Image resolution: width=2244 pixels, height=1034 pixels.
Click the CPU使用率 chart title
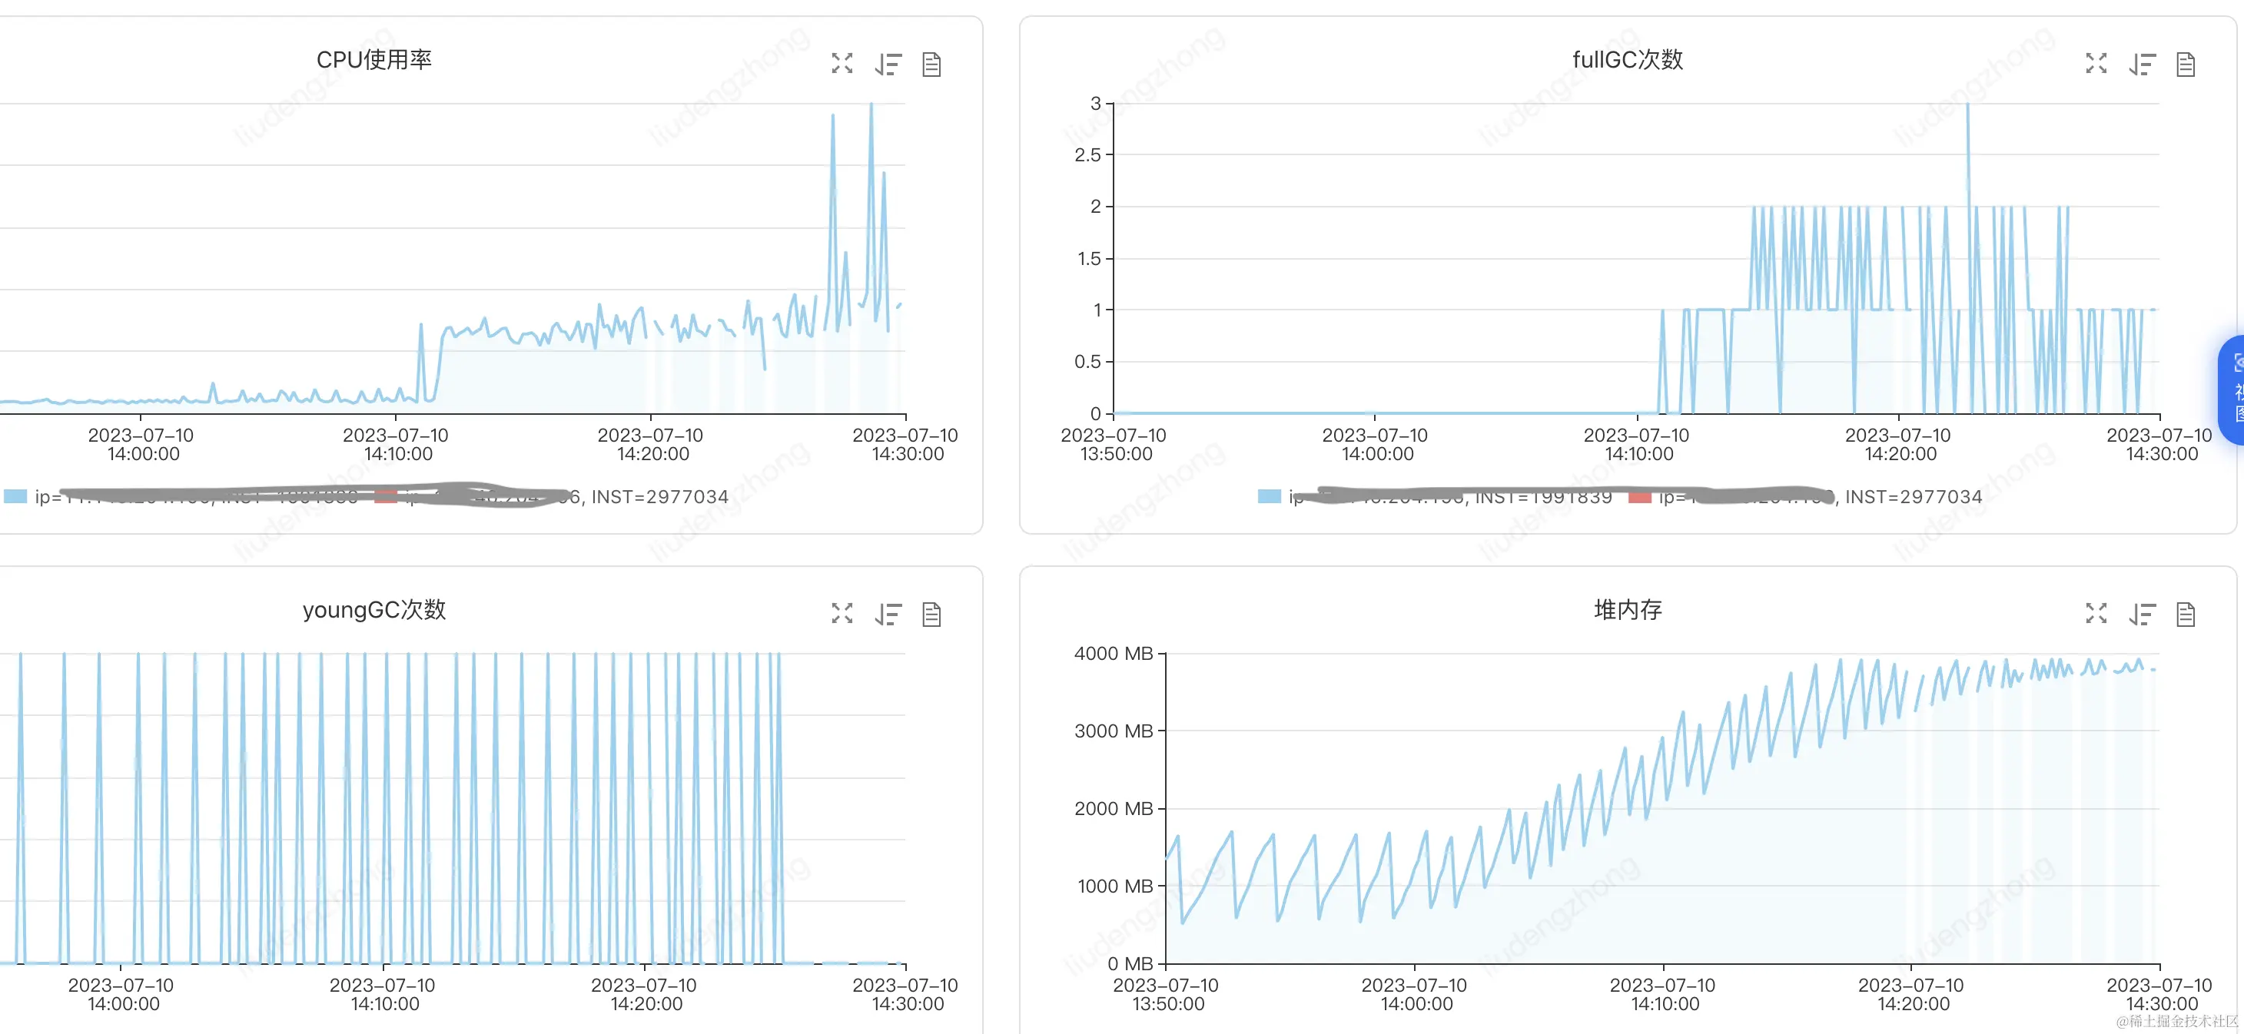(x=373, y=60)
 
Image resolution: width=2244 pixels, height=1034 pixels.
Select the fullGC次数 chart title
(x=1626, y=60)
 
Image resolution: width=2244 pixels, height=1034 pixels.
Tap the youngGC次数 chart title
(x=373, y=610)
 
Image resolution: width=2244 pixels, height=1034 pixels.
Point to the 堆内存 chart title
(x=1627, y=610)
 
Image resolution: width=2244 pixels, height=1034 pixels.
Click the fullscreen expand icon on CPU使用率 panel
(x=841, y=64)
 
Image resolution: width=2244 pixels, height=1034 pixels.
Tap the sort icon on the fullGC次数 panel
(x=2142, y=65)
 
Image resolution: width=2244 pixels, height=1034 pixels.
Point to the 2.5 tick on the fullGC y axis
(x=1087, y=155)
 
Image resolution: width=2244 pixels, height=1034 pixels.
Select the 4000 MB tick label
(x=1113, y=653)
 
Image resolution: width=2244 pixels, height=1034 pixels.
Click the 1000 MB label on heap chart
(x=1114, y=886)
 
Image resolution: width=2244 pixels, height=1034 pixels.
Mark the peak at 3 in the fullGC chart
(x=1967, y=105)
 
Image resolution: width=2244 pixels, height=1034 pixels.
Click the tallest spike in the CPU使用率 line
(x=871, y=105)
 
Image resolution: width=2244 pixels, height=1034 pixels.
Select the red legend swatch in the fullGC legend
(x=1639, y=496)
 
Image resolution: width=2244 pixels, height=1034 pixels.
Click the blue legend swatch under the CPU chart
(x=15, y=496)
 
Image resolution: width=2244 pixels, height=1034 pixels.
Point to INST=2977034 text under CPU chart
(x=659, y=496)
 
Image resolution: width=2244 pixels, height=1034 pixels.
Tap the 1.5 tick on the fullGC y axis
(x=1088, y=259)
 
